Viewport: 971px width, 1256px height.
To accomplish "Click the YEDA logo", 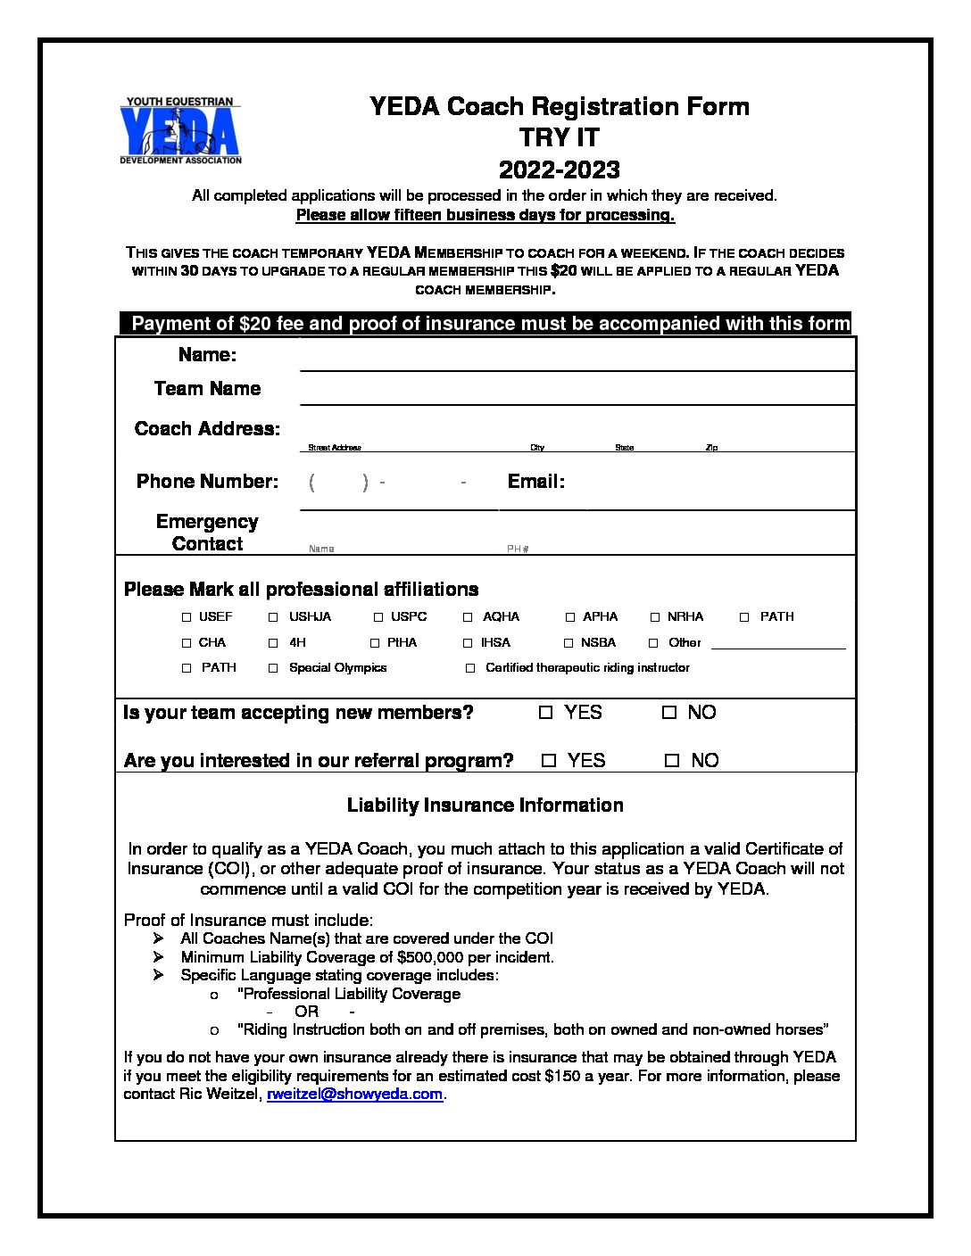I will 180,131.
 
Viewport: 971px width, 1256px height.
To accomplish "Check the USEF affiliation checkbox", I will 187,617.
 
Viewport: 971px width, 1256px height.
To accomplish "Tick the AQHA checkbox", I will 468,617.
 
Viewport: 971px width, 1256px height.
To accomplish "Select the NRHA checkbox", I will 655,617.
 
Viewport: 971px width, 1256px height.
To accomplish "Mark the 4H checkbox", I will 273,643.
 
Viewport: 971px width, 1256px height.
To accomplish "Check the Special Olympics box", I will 273,668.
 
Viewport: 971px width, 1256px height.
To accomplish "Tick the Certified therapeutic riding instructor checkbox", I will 470,668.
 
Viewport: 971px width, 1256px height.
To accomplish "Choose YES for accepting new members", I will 546,713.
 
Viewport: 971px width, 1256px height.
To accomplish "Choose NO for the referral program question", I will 672,761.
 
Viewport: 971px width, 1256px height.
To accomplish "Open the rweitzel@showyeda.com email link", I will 354,1095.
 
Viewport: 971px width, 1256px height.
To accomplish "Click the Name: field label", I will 207,355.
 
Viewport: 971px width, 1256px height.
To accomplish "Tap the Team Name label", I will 207,389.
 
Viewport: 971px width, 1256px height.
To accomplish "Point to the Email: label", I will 535,482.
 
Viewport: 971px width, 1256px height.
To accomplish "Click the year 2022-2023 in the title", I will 559,169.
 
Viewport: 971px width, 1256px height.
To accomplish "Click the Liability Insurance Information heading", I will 485,806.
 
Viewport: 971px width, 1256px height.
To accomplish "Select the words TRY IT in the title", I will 559,138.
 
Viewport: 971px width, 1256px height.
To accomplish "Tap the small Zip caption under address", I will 711,448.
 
